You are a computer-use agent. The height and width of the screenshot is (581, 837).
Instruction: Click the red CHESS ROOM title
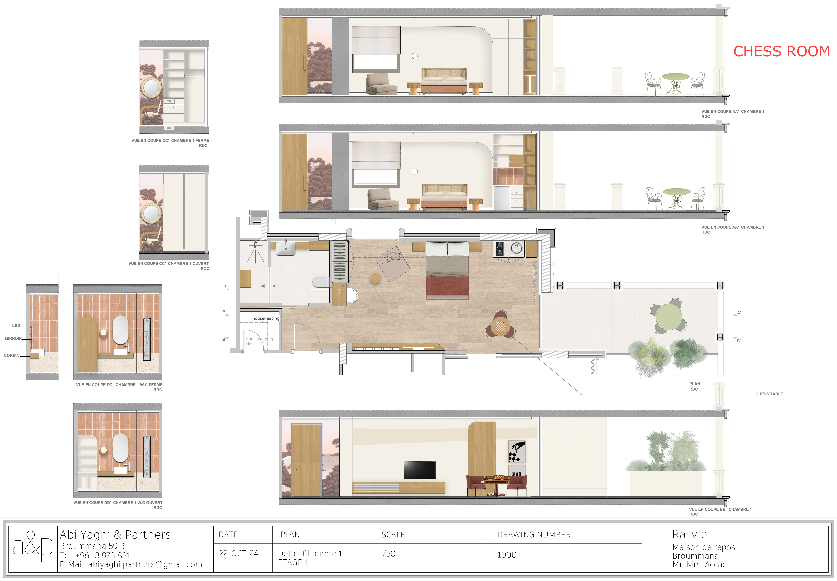pyautogui.click(x=781, y=51)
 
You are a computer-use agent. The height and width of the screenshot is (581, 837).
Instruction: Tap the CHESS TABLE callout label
pyautogui.click(x=769, y=394)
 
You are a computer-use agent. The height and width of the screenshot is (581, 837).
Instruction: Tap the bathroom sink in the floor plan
pyautogui.click(x=286, y=249)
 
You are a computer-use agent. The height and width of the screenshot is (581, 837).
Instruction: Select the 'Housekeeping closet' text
pyautogui.click(x=259, y=341)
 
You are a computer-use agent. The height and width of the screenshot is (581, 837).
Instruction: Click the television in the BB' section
pyautogui.click(x=420, y=470)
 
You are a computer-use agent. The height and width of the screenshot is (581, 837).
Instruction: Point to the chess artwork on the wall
pyautogui.click(x=517, y=451)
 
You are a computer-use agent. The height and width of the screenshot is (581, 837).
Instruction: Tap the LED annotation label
pyautogui.click(x=16, y=325)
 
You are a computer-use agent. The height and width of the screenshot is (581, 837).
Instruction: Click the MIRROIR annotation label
pyautogui.click(x=13, y=338)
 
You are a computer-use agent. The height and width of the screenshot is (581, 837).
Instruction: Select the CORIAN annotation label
pyautogui.click(x=12, y=355)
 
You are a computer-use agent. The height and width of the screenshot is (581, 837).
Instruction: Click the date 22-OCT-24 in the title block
pyautogui.click(x=239, y=553)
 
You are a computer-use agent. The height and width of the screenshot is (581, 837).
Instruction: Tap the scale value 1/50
pyautogui.click(x=387, y=554)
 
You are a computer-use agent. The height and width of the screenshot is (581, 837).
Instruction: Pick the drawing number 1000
pyautogui.click(x=507, y=555)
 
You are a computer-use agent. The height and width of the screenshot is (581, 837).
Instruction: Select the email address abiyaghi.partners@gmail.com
pyautogui.click(x=131, y=564)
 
